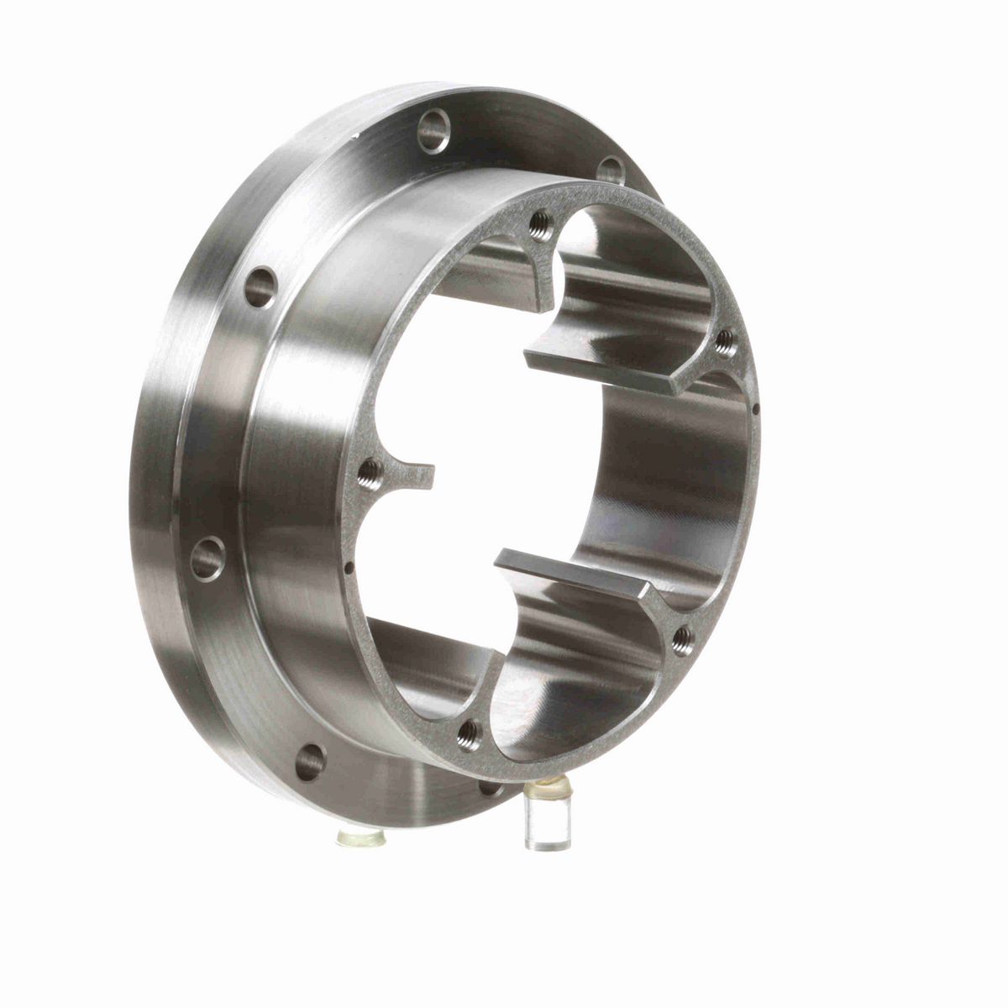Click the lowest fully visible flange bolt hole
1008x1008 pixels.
coord(312,759)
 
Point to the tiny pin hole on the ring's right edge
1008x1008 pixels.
coord(756,411)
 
